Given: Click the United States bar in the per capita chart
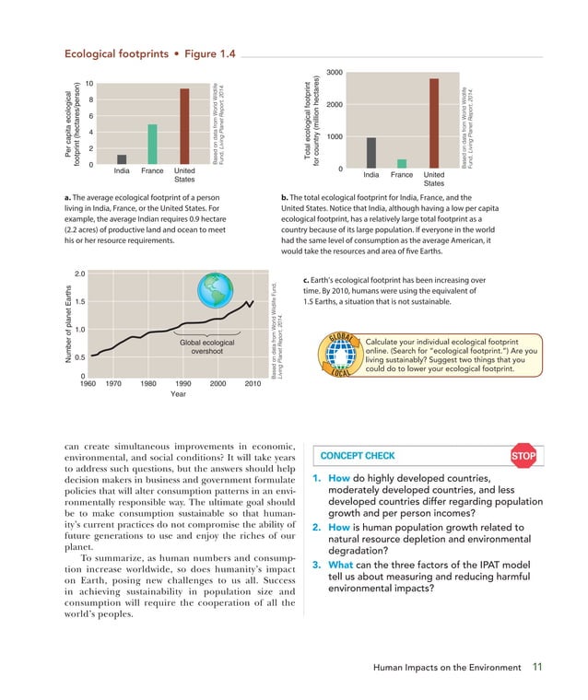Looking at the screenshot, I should click(184, 126).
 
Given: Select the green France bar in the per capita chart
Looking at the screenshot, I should click(153, 145).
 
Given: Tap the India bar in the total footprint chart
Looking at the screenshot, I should click(371, 153).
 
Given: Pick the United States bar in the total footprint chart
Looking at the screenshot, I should click(433, 123).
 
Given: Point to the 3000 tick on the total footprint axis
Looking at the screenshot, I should click(335, 73).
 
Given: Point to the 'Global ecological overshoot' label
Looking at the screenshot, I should click(213, 346).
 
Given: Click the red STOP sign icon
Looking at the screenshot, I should click(523, 456).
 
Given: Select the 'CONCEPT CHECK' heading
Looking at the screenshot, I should click(358, 456).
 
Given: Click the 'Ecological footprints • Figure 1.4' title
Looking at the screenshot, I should click(149, 54).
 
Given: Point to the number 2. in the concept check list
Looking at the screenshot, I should click(315, 527).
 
